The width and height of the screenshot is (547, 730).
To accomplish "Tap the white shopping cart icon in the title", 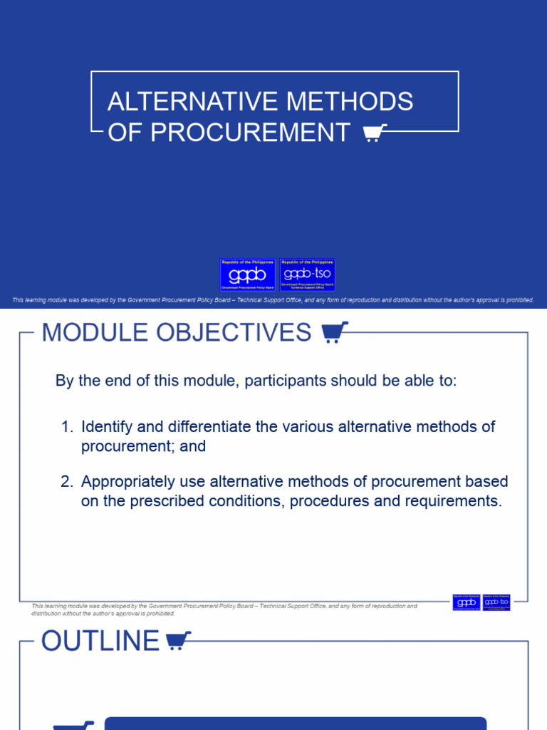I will (375, 133).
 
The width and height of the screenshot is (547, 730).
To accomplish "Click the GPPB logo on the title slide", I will (247, 274).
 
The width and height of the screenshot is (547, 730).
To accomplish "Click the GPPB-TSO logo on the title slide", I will (307, 274).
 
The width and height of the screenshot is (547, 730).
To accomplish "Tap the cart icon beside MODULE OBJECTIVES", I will (335, 332).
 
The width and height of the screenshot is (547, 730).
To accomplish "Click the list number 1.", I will (66, 427).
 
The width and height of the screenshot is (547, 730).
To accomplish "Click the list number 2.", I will (66, 482).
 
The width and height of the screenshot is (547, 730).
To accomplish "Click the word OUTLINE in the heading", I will (100, 641).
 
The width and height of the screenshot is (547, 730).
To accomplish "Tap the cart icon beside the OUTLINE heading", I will (178, 641).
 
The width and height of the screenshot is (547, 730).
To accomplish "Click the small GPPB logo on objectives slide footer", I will (465, 602).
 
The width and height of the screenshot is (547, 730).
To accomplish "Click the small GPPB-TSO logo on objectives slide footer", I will (496, 602).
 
